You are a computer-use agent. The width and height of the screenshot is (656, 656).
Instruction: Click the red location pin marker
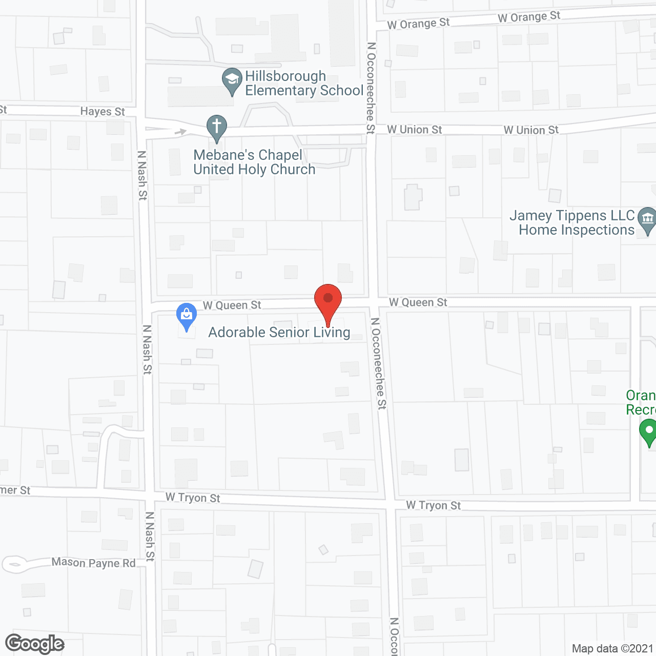[328, 300]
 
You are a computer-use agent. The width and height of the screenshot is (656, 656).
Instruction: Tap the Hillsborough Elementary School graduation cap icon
[232, 80]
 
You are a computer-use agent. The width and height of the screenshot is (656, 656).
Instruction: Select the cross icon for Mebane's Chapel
[217, 127]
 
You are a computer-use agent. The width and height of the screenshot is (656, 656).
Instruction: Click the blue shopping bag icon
[187, 315]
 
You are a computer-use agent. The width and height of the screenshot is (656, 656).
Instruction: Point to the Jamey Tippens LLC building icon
[647, 219]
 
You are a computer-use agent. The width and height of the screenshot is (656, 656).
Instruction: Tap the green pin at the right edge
[649, 431]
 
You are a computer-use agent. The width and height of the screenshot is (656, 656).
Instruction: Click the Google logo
[34, 644]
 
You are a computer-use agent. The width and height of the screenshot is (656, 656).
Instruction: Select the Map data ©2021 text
[612, 649]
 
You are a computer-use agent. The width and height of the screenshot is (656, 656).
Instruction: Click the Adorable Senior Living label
[279, 332]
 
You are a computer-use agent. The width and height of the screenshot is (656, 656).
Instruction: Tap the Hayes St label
[102, 111]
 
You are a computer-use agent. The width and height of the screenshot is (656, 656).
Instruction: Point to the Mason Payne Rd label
[93, 563]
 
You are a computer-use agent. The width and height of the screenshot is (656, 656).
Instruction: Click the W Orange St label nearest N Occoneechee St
[418, 24]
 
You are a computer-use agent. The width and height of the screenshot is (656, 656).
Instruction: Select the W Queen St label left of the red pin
[232, 305]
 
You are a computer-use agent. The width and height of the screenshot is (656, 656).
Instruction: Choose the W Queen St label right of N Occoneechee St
[418, 302]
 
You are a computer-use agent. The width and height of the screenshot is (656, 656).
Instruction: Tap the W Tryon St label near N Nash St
[193, 498]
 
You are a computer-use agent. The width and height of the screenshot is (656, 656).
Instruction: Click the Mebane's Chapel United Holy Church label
[254, 162]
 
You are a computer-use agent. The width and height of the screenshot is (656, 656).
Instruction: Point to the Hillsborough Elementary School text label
[304, 83]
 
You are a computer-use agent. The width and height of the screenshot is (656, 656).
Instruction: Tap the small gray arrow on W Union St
[180, 132]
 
